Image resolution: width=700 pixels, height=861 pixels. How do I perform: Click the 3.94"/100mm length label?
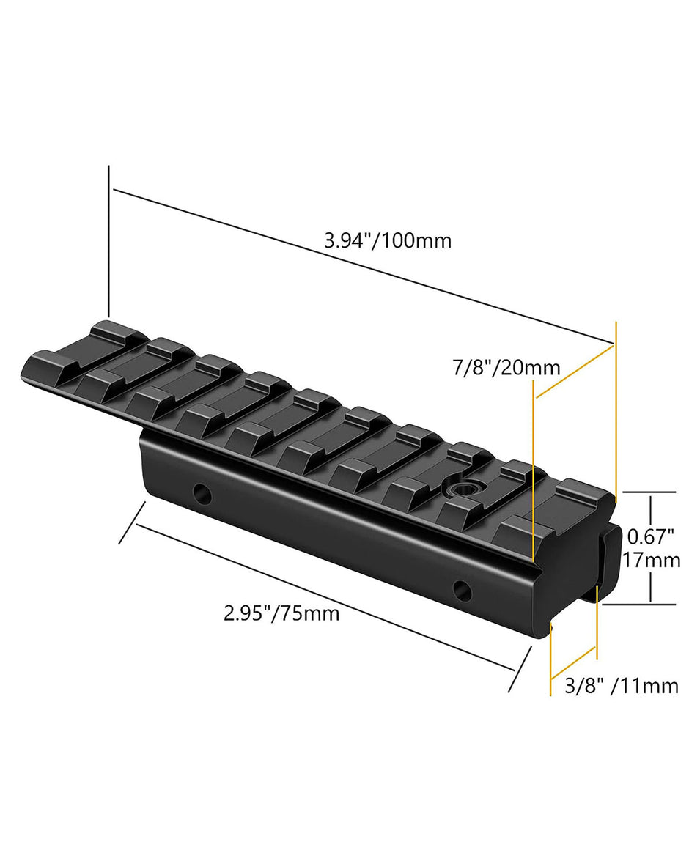click(388, 240)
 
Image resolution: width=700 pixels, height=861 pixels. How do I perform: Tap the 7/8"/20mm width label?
click(506, 368)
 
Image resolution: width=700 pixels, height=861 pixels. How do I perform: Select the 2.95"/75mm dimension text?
click(281, 612)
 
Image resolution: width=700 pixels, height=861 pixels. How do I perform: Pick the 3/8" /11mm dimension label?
click(622, 686)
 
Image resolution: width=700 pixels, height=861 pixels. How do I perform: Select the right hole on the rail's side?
click(461, 588)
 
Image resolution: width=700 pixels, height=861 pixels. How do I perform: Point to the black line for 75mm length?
click(323, 596)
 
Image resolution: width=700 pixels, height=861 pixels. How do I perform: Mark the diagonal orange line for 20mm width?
click(575, 372)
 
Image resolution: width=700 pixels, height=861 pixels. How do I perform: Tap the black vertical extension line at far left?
click(108, 242)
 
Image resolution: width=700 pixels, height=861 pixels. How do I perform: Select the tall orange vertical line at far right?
click(616, 410)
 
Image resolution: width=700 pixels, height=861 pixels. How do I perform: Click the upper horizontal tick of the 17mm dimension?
click(648, 492)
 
